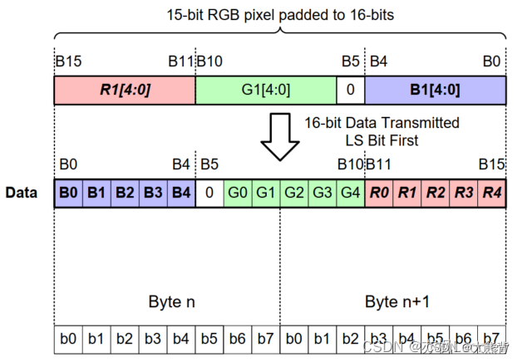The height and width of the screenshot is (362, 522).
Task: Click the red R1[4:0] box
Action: (124, 90)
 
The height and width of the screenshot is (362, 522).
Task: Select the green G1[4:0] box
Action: (266, 90)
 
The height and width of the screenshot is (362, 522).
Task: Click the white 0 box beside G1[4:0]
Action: (351, 90)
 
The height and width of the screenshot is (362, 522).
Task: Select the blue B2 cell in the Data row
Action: (125, 193)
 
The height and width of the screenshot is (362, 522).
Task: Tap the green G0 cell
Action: (238, 193)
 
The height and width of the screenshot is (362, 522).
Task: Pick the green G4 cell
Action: (351, 193)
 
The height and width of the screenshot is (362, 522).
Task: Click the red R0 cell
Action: (379, 193)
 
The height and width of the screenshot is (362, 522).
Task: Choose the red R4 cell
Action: (491, 193)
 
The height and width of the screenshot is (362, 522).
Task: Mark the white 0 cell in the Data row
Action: (209, 193)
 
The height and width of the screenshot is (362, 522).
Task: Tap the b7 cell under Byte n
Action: (266, 340)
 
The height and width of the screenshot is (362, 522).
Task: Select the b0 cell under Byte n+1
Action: (294, 340)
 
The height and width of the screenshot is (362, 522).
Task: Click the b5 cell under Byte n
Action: (209, 340)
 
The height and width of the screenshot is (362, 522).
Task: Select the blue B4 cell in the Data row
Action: (181, 193)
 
